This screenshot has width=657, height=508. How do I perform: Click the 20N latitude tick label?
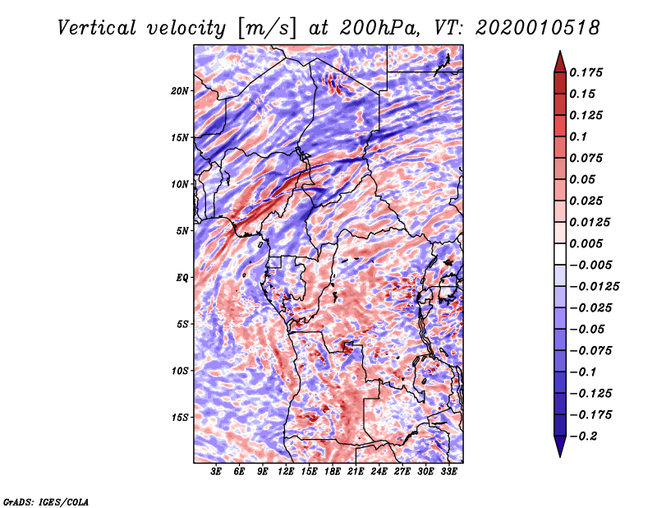click(x=180, y=90)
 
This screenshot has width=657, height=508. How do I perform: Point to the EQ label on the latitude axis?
click(x=182, y=277)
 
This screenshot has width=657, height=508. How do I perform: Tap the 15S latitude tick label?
click(x=180, y=418)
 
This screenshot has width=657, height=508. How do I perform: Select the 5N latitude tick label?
click(x=182, y=231)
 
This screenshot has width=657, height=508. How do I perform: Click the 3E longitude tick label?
click(x=216, y=471)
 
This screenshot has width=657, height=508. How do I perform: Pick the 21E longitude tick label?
click(x=356, y=471)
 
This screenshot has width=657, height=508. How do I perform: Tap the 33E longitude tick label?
click(x=448, y=471)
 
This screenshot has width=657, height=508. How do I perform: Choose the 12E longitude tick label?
click(x=286, y=471)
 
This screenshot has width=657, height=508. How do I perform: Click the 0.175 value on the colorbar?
click(x=586, y=72)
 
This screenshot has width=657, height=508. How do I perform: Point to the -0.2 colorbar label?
click(x=583, y=436)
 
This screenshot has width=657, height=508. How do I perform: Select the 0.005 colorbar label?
click(x=586, y=243)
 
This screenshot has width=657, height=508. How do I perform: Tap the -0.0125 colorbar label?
click(x=594, y=287)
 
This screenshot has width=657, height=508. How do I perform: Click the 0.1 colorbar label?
click(x=578, y=136)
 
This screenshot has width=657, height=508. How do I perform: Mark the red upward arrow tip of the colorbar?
click(x=560, y=52)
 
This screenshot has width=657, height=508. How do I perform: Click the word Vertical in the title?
click(x=97, y=28)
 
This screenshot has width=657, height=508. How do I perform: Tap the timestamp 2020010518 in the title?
click(x=538, y=28)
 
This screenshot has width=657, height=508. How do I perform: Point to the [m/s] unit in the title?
click(x=267, y=29)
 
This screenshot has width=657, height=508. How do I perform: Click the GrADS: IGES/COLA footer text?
click(x=46, y=502)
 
